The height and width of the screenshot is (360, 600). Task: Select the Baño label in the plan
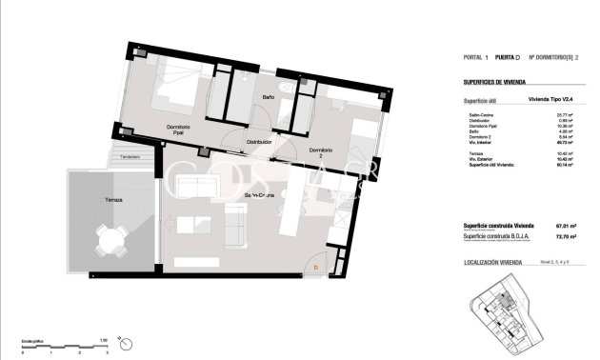[x=268, y=97]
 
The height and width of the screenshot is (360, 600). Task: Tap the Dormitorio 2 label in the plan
[x=320, y=153]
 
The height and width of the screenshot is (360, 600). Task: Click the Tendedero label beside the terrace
[x=129, y=156]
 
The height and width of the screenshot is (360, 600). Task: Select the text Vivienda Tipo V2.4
[x=553, y=98]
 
